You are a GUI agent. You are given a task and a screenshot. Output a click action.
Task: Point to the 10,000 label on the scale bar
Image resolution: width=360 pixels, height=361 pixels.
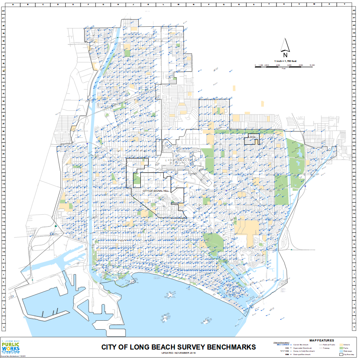click(x=312, y=65)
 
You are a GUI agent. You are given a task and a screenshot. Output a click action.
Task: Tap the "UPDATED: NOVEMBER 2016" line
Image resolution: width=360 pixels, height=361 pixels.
click(x=178, y=353)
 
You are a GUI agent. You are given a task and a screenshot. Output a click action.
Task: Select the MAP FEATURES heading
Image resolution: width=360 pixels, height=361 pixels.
click(x=321, y=340)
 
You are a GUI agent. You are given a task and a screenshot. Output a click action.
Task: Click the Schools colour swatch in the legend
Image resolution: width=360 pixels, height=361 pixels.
click(x=340, y=344)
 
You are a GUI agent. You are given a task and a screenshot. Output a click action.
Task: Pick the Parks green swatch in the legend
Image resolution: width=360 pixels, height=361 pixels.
click(x=340, y=347)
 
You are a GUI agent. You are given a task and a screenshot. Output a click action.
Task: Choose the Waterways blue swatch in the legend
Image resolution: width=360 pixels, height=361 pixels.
click(x=340, y=351)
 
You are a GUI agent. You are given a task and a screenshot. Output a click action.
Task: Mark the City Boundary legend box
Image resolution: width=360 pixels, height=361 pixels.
click(x=340, y=355)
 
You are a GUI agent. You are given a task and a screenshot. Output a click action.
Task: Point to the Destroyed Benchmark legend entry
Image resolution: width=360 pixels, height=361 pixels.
click(x=299, y=355)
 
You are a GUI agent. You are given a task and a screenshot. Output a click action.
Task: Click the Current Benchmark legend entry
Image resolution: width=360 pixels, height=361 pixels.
click(x=299, y=344)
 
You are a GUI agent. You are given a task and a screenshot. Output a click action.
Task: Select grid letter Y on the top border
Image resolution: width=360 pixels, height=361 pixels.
click(x=344, y=4)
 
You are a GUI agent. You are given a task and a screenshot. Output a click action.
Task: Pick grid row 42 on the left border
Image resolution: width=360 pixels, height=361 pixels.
click(x=3, y=12)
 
